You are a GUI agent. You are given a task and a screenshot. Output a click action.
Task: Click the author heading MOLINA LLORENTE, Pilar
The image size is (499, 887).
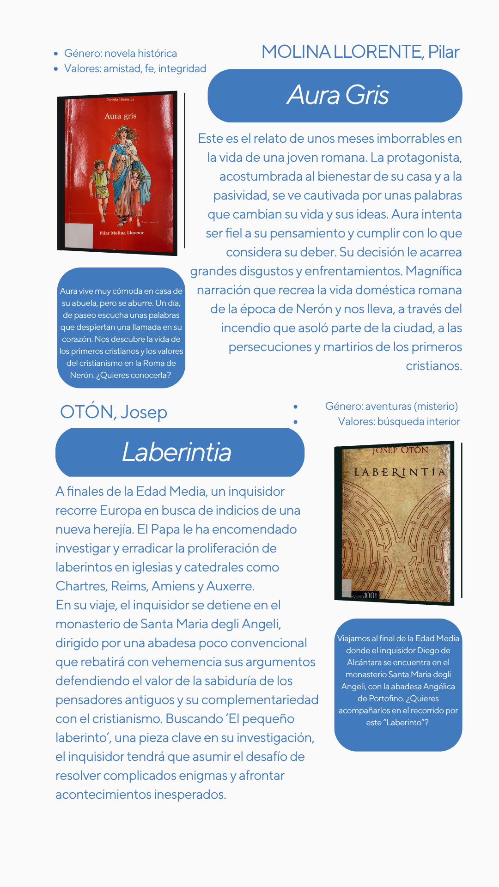(360, 52)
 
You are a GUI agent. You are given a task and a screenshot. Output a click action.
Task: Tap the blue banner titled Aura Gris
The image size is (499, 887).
(335, 96)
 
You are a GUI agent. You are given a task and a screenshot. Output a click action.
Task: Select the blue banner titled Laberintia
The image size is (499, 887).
(180, 452)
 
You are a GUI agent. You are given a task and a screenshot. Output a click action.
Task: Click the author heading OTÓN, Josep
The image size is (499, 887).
(114, 412)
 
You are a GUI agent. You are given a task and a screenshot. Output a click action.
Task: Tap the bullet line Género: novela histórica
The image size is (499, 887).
(120, 54)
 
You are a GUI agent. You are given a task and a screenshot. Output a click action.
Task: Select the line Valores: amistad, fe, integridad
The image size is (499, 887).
(135, 69)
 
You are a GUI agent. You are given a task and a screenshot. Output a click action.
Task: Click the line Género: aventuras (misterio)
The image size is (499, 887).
(391, 407)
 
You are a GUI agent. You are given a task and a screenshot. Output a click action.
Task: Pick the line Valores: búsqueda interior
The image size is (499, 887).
(399, 422)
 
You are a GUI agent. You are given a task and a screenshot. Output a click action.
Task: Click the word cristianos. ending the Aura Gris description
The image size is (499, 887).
(433, 366)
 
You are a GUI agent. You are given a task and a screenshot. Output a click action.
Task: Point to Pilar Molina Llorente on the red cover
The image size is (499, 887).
(122, 233)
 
